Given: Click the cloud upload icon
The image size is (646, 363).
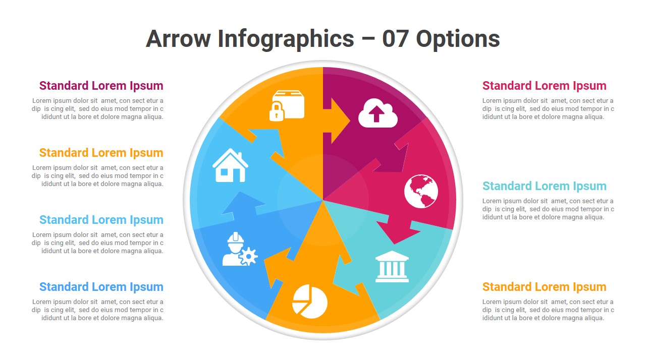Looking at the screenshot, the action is pos(378,113).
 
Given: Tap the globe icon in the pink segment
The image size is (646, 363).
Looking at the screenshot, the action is pos(421,191).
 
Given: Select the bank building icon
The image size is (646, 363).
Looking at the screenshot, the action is pos(392,267).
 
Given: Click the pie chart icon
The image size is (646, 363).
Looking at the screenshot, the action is pos(310,301).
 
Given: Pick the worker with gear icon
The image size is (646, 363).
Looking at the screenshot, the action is pos(240,249).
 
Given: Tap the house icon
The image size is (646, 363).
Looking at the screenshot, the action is pos(230,165).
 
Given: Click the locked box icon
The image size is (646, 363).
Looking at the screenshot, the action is pos(287,106).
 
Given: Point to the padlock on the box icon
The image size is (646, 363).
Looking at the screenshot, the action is pos(277,111).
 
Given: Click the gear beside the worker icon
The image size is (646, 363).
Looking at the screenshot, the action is pos(249,256).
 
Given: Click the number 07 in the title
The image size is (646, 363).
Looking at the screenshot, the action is pos(395,39).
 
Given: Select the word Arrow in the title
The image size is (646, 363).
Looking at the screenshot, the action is pos(178,39).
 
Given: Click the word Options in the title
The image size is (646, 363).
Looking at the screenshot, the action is pos(458,40).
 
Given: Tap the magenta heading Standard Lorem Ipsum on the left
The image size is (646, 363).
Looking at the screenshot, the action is pos(101,86).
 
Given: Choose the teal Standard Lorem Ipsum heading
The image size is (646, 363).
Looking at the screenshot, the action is pos(545,186).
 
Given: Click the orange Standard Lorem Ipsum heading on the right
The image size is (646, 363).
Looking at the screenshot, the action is pos(545,287).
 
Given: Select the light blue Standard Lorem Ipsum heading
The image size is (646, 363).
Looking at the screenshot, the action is pos(101,220).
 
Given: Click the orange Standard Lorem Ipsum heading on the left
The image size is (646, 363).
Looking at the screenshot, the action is pos(101,153).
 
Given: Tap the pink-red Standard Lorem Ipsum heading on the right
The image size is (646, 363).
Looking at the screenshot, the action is pos(545,86).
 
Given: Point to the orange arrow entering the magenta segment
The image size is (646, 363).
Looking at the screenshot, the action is pos(336,120).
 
